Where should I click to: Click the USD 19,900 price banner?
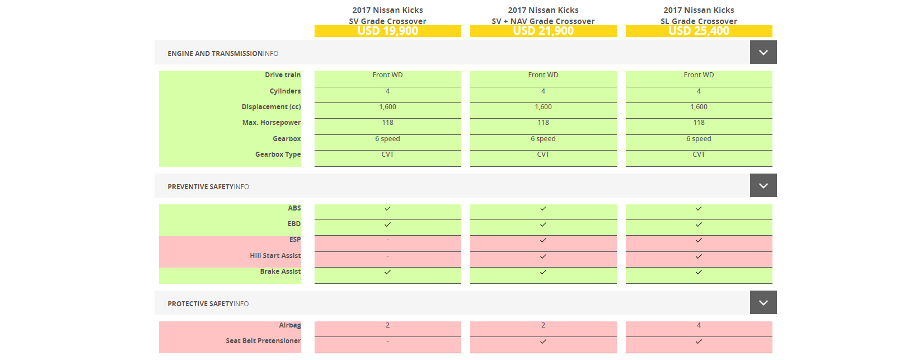click(387, 31)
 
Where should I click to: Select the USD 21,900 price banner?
click(543, 31)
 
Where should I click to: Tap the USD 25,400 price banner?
click(699, 31)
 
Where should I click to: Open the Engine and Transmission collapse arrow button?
click(763, 53)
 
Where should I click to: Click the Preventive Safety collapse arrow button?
click(763, 186)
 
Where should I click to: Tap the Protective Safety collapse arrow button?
click(763, 303)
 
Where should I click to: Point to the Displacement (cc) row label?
click(271, 107)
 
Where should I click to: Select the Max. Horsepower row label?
click(271, 123)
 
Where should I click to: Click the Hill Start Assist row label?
click(275, 256)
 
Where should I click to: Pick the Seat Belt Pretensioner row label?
click(263, 341)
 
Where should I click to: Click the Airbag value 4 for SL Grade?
click(699, 325)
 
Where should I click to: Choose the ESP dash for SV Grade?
click(387, 240)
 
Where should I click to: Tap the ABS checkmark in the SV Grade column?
click(387, 209)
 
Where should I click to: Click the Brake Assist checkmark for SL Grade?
click(699, 272)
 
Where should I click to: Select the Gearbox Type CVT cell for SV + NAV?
click(543, 155)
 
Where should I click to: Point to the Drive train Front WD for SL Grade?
click(699, 75)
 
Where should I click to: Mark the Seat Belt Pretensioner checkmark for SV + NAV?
click(543, 342)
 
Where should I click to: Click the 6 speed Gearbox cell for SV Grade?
click(387, 139)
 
